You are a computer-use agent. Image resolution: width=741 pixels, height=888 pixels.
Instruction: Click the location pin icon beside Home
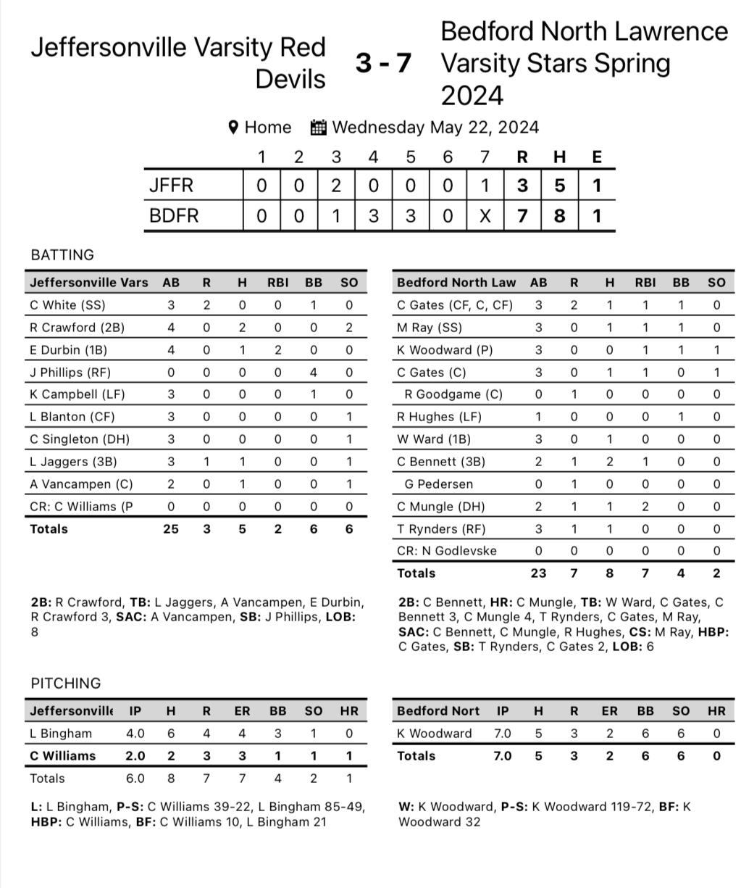[x=233, y=128]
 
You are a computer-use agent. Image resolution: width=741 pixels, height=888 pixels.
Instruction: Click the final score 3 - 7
[x=383, y=64]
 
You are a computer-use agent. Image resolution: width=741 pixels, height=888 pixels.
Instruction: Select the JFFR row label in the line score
[x=171, y=186]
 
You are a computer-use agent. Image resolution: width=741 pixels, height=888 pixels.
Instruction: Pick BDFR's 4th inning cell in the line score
[x=373, y=216]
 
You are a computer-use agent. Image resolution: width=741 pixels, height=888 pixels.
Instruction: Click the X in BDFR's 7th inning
[x=485, y=216]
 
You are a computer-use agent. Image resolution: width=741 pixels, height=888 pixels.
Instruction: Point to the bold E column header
[x=596, y=157]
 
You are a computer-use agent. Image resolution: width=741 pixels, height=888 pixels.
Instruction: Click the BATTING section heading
[x=62, y=254]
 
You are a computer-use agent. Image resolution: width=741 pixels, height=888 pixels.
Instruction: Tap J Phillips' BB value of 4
[x=313, y=372]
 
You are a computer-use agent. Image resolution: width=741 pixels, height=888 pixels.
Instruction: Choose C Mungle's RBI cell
[x=644, y=507]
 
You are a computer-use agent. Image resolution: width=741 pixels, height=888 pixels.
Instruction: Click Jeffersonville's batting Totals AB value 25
[x=171, y=529]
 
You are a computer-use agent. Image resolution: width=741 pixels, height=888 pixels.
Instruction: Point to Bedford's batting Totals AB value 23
[x=538, y=573]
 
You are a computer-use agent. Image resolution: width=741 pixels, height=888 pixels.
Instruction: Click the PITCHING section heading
[x=66, y=683]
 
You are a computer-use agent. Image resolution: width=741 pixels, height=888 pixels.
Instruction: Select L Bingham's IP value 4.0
[x=135, y=734]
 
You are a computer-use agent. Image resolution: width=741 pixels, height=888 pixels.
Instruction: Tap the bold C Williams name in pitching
[x=63, y=755]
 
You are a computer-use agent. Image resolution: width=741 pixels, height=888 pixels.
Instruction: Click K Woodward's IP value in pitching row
[x=502, y=734]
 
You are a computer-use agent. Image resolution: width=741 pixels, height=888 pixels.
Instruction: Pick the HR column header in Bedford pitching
[x=716, y=711]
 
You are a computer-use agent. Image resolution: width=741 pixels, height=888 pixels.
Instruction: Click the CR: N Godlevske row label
[x=447, y=551]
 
